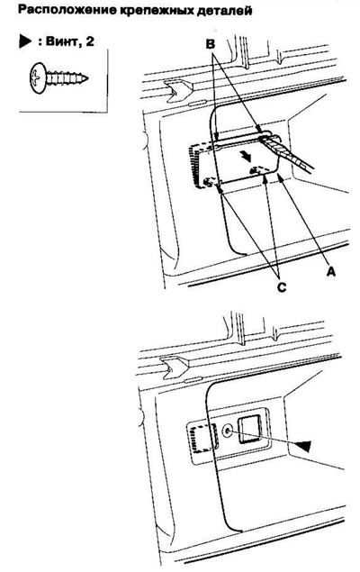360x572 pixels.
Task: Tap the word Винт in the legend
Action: [x=62, y=41]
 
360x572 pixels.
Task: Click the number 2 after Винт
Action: [x=89, y=41]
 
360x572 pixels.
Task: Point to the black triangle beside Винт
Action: [x=25, y=41]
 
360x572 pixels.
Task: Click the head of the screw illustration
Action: [x=37, y=78]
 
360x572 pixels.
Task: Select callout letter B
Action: [x=211, y=44]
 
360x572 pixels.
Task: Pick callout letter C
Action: [x=281, y=286]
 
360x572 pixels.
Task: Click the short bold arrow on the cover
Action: [x=247, y=157]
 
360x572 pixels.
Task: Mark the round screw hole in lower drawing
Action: [x=227, y=431]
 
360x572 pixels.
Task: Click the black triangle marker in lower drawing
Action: [x=303, y=445]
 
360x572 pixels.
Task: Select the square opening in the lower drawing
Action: [x=249, y=430]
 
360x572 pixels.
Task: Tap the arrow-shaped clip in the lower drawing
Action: [x=175, y=367]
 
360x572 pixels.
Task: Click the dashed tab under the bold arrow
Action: [x=258, y=170]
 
